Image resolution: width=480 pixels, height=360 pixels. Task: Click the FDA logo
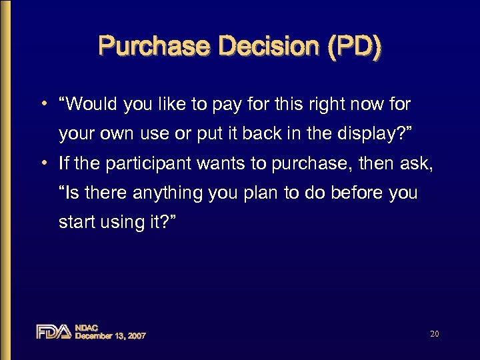(53, 331)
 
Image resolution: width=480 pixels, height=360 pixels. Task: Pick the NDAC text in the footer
(87, 327)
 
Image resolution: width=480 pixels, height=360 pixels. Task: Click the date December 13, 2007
(110, 335)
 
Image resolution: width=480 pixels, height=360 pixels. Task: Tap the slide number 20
(435, 333)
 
